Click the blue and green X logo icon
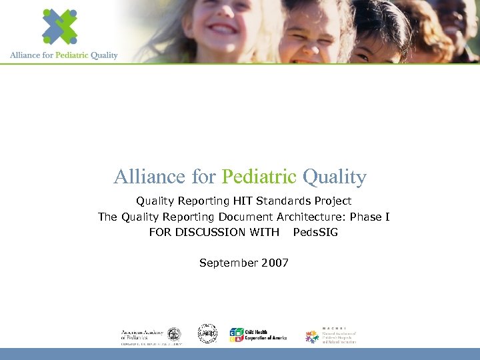[x=60, y=27]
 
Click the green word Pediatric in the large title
[x=259, y=177]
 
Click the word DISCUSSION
[x=214, y=232]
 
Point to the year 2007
[x=275, y=263]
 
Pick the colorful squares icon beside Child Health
[x=237, y=335]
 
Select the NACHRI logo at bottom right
[x=331, y=335]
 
